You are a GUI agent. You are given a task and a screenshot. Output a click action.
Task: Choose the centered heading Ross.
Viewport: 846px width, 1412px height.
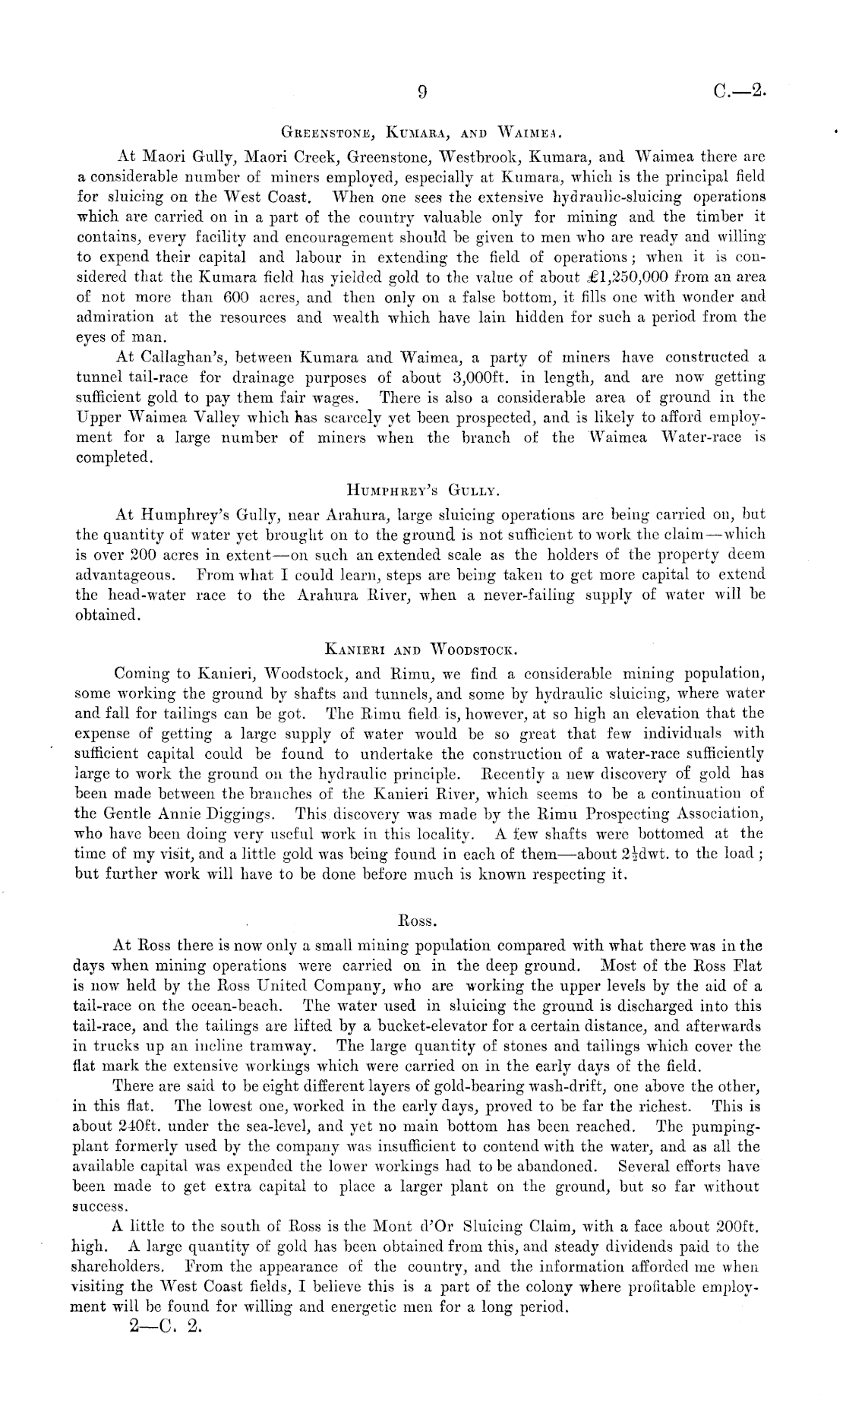[x=417, y=921]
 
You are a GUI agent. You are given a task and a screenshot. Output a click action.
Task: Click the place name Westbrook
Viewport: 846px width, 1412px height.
[x=478, y=158]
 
